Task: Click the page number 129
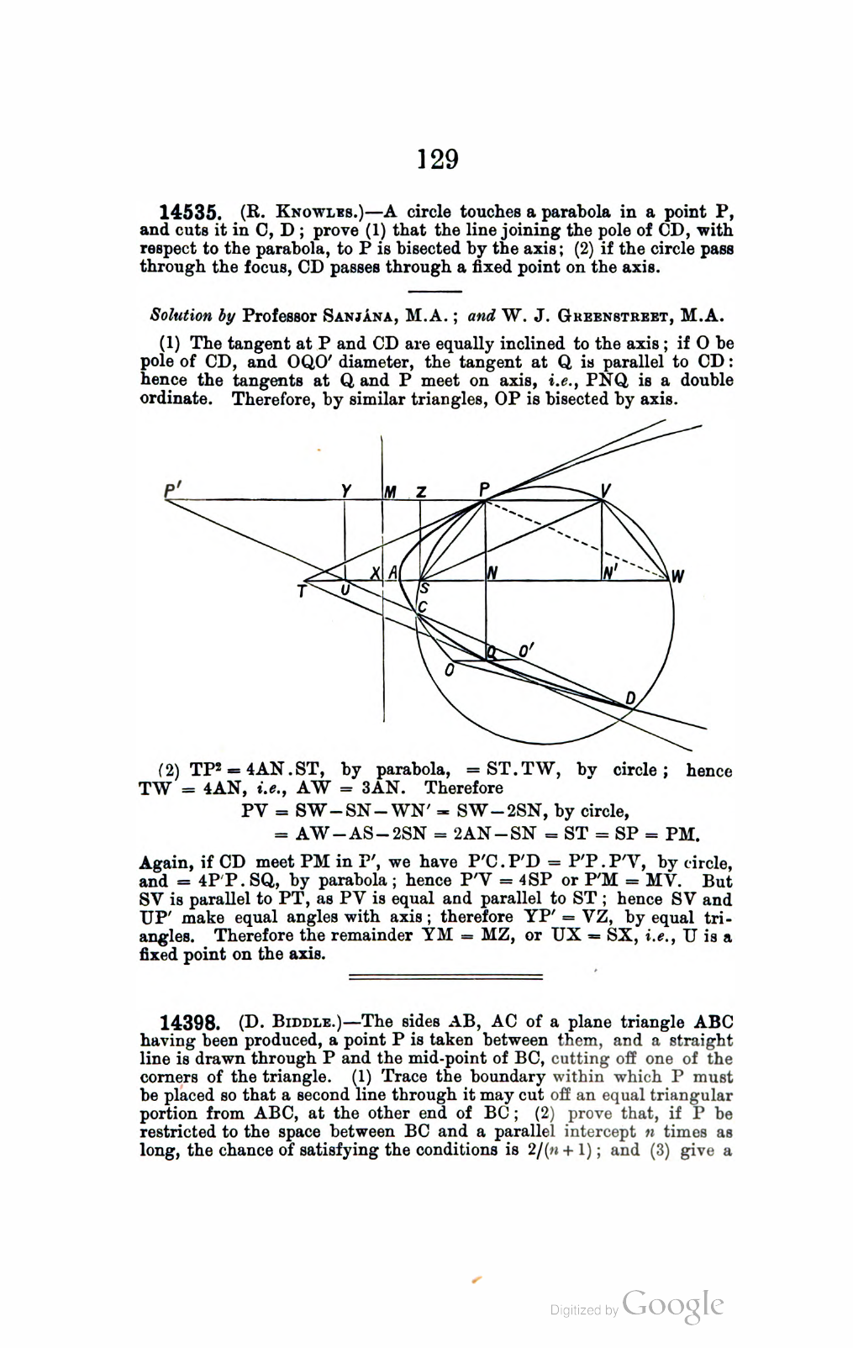coord(438,159)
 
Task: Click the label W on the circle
coord(677,577)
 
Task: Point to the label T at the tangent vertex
coord(302,591)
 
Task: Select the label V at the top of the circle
coord(605,492)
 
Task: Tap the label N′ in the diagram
coord(610,573)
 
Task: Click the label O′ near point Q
coord(526,650)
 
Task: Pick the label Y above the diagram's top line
coord(346,492)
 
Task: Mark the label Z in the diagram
coord(421,492)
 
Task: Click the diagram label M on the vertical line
coord(391,492)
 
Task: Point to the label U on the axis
coord(345,590)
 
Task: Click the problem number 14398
coord(190,1023)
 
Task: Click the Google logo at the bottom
coord(672,1304)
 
